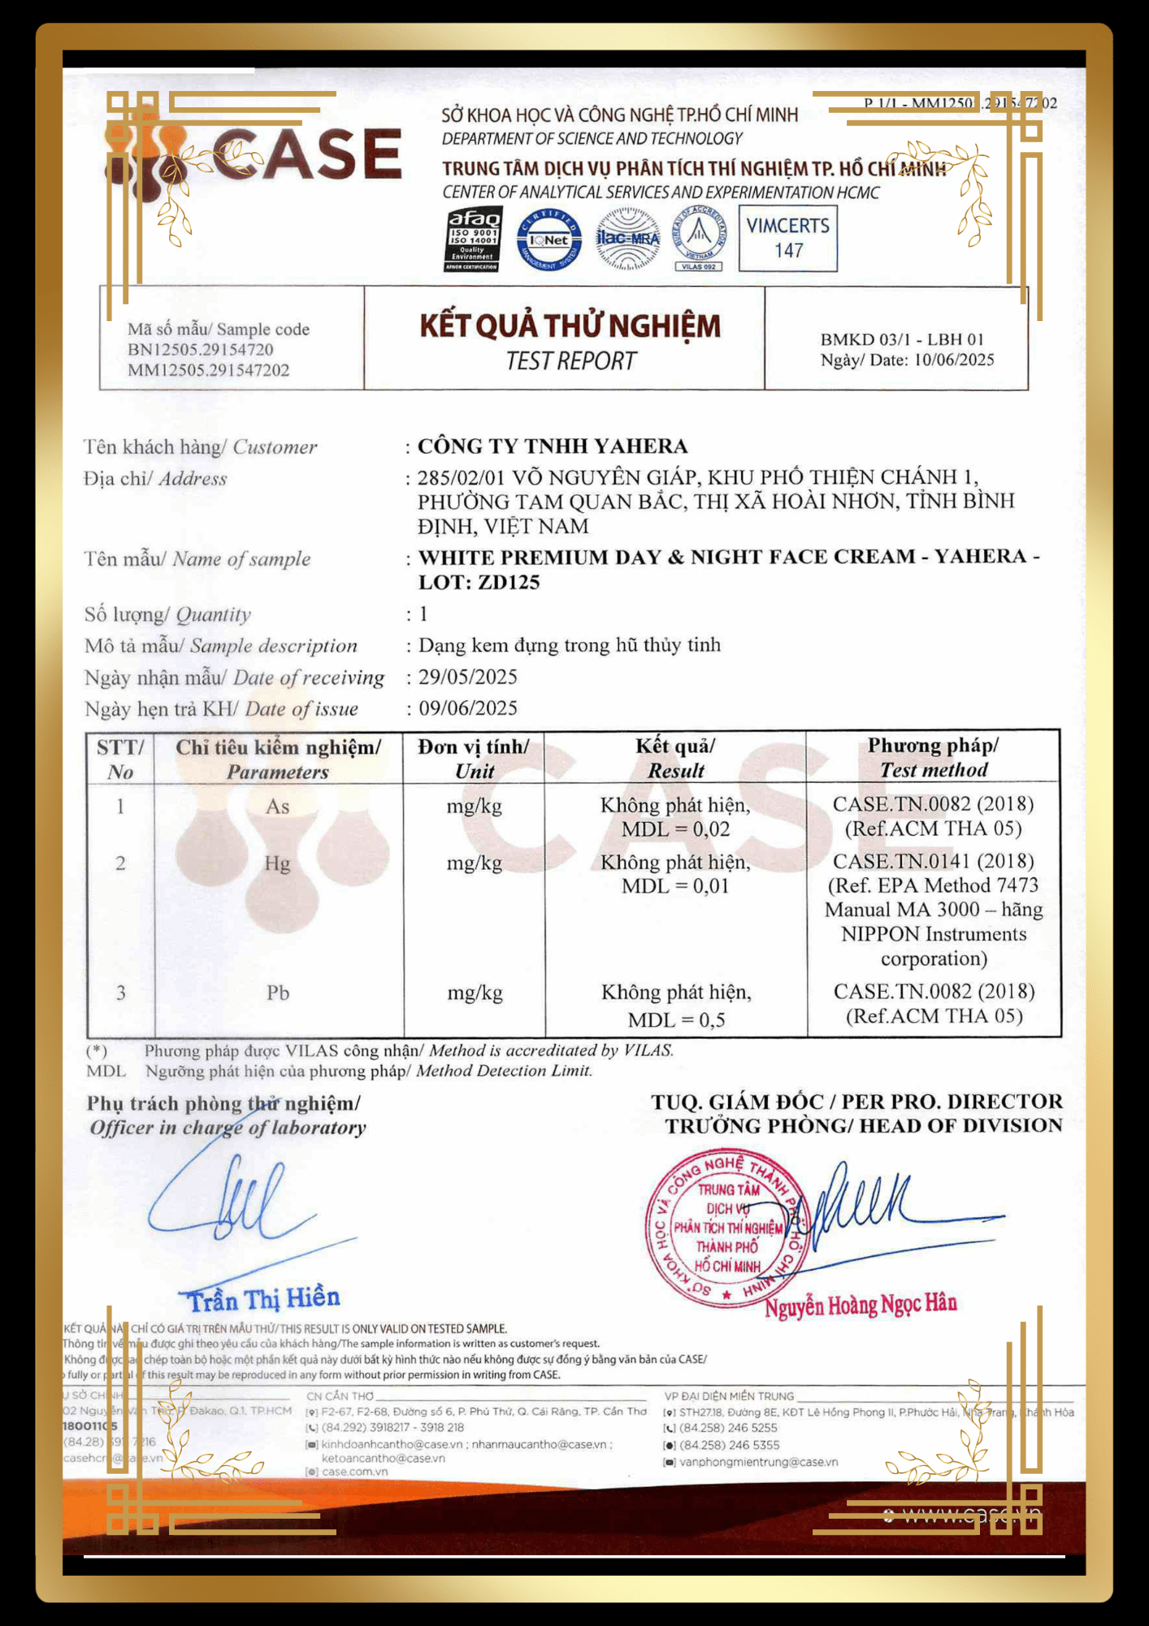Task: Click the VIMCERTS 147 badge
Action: point(787,238)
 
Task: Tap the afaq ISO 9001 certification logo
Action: point(474,238)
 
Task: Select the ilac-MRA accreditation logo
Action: point(627,238)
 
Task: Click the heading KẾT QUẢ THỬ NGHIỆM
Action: point(570,326)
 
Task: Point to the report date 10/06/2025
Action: point(954,360)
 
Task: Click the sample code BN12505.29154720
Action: point(200,350)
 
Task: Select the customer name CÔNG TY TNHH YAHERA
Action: point(553,446)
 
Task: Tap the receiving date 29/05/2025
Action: point(467,677)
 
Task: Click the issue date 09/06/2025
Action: point(467,708)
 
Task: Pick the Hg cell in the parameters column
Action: point(277,863)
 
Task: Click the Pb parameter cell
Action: point(278,993)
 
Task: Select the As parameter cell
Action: point(277,806)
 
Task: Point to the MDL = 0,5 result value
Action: point(675,1020)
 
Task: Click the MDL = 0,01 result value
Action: point(675,886)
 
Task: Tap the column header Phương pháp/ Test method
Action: point(933,758)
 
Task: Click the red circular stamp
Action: point(726,1228)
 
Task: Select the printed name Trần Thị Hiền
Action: point(264,1298)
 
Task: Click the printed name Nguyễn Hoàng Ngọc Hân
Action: point(861,1304)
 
